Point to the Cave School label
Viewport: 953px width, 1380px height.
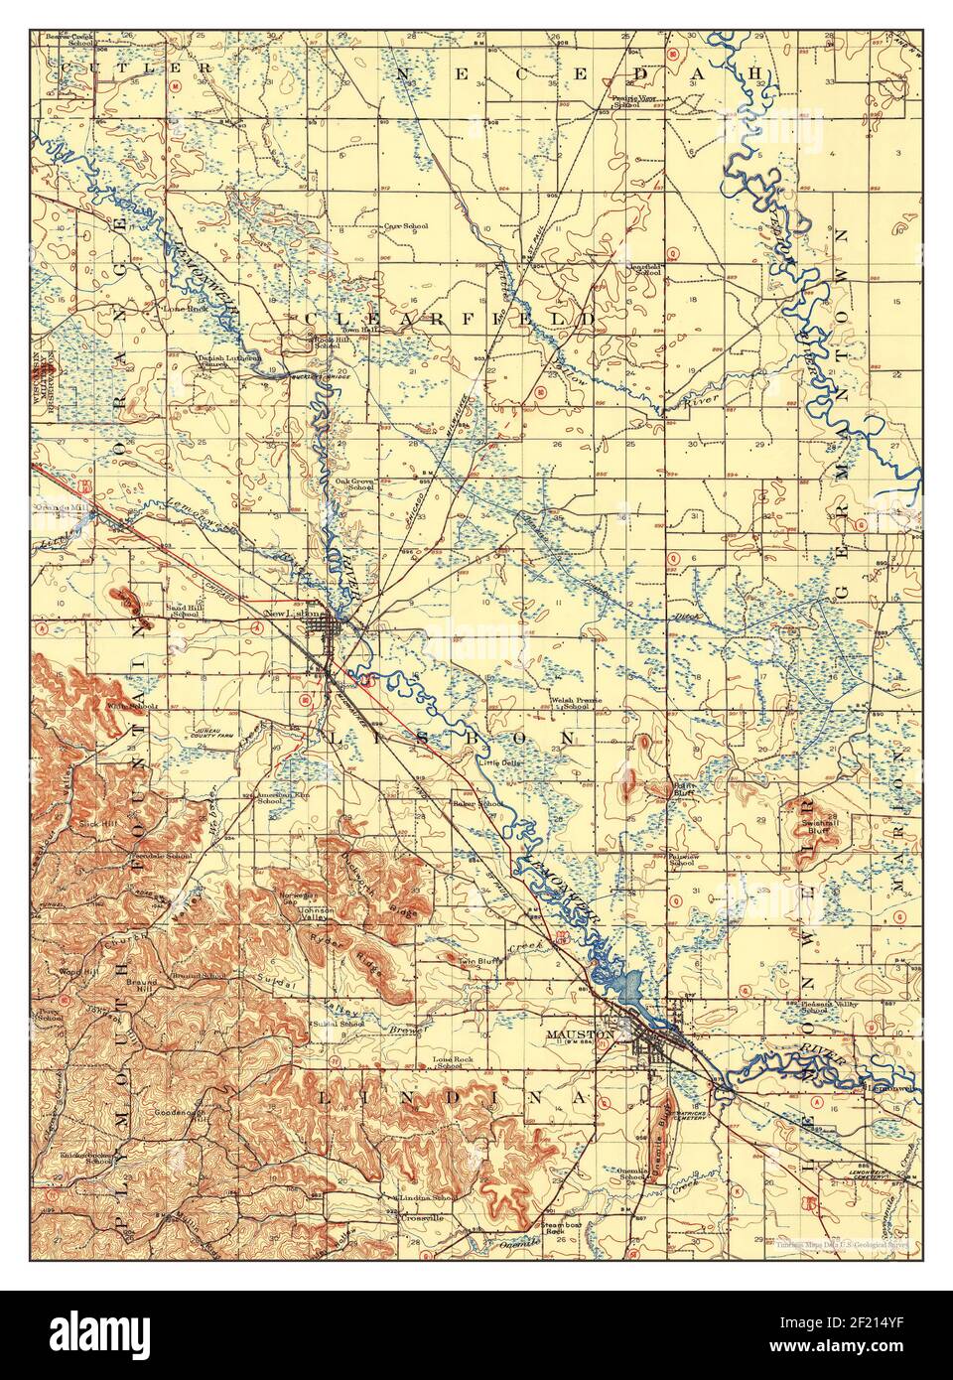407,226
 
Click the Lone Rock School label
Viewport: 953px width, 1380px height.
453,1063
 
